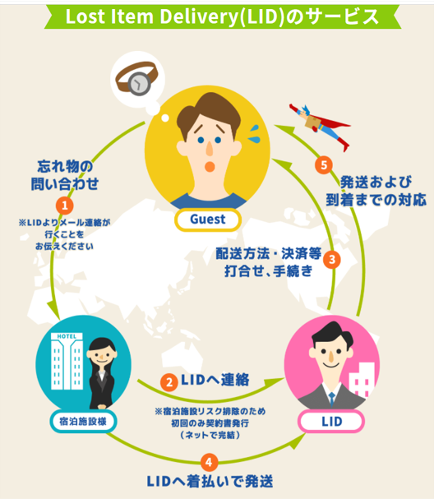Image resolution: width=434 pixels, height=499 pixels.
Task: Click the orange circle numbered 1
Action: point(65,206)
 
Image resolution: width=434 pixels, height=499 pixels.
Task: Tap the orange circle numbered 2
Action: point(169,382)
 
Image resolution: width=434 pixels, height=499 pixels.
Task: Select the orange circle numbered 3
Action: point(332,260)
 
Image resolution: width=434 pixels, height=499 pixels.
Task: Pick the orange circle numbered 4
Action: point(209,462)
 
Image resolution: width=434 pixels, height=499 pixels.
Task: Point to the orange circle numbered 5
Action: point(324,165)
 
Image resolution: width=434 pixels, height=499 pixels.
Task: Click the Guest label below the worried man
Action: point(208,219)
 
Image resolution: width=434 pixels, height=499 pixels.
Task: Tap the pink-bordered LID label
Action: point(331,422)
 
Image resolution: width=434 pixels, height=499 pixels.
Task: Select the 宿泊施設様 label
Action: point(83,422)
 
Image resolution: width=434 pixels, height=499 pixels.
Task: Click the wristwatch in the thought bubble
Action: point(136,78)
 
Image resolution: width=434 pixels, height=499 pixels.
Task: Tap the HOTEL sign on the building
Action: point(67,336)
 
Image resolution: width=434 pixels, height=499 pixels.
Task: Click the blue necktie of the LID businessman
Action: point(331,400)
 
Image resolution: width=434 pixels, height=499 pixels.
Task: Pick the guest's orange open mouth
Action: point(210,166)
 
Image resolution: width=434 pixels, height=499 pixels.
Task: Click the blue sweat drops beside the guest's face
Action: point(254,134)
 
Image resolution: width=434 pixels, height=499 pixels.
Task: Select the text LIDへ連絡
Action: point(215,380)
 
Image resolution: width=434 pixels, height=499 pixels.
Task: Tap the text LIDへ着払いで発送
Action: point(210,482)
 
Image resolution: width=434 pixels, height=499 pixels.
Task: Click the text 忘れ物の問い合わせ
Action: point(65,175)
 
